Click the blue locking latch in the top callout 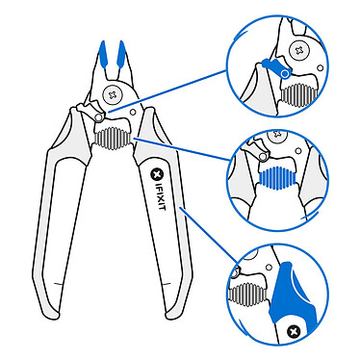[273, 68]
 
